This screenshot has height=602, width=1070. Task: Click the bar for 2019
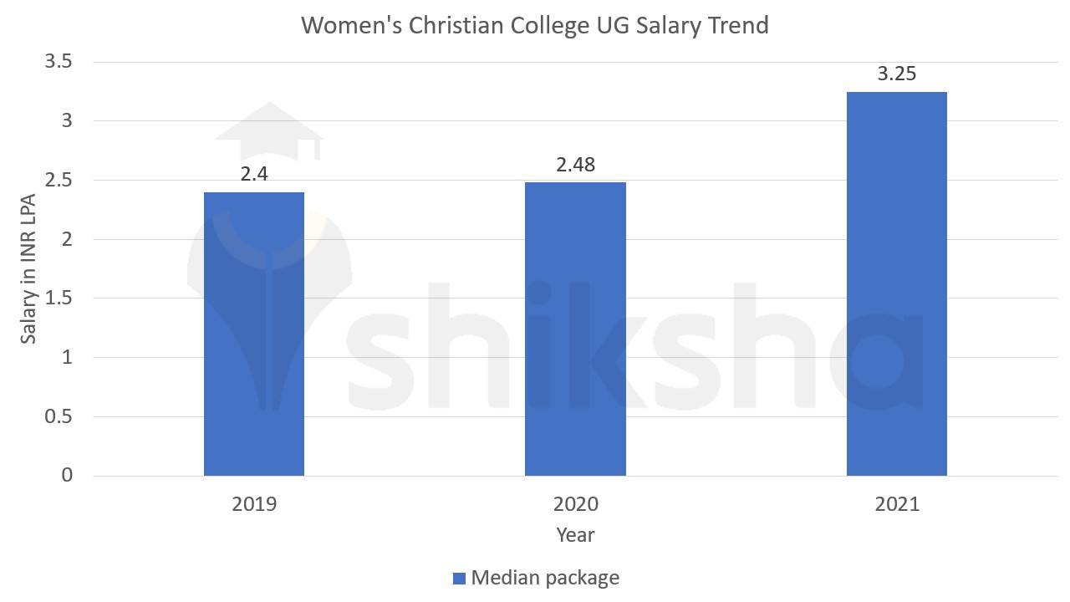(x=254, y=334)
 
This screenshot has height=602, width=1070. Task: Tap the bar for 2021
(x=896, y=284)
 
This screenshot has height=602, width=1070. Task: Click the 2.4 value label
(x=254, y=175)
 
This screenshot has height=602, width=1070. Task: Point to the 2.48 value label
(x=575, y=165)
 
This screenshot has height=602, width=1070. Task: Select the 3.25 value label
(x=896, y=74)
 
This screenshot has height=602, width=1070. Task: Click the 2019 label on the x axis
(x=254, y=504)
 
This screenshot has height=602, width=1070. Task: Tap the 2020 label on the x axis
(x=575, y=504)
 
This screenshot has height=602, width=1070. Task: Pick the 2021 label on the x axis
(x=896, y=504)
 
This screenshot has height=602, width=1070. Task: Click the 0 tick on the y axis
(x=67, y=476)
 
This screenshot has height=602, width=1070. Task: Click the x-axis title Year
(x=575, y=535)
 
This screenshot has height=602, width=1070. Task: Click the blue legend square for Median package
(x=458, y=578)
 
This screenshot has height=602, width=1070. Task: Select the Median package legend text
(x=545, y=578)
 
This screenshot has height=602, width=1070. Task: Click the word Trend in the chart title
(x=736, y=25)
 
